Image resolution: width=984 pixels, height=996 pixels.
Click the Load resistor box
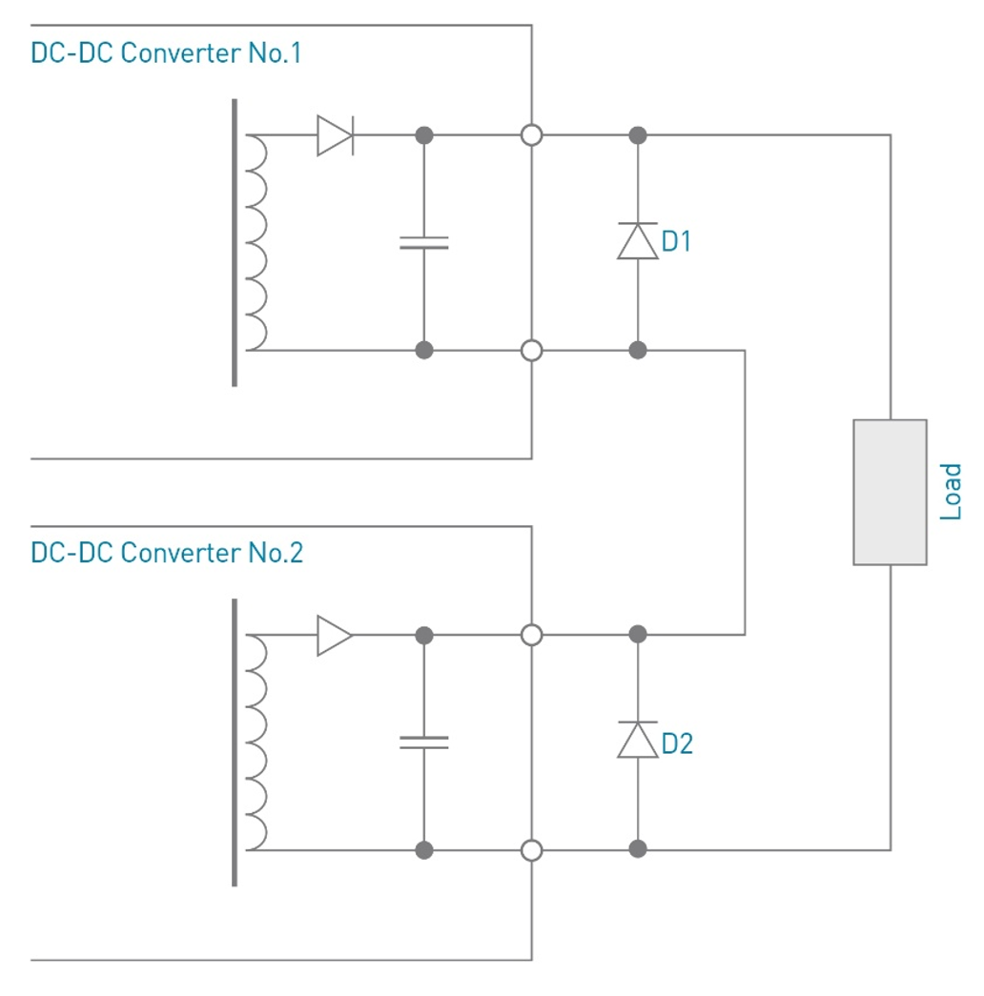pyautogui.click(x=890, y=492)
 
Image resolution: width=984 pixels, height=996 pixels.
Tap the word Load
pyautogui.click(x=951, y=492)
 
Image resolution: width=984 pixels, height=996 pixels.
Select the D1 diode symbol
pyautogui.click(x=638, y=241)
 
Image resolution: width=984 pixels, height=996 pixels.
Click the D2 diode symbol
pyautogui.click(x=638, y=740)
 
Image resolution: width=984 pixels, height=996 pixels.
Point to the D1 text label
pyautogui.click(x=676, y=242)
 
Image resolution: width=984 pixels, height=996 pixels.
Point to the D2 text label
pyautogui.click(x=677, y=743)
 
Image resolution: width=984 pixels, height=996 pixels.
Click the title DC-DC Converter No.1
pyautogui.click(x=166, y=52)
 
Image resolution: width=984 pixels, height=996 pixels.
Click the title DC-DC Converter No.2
pyautogui.click(x=167, y=552)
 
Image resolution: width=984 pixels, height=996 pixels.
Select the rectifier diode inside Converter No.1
pyautogui.click(x=336, y=135)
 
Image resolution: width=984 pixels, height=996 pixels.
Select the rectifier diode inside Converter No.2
pyautogui.click(x=335, y=635)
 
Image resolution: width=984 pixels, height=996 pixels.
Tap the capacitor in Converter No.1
pyautogui.click(x=424, y=242)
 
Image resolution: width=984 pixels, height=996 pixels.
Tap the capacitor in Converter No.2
pyautogui.click(x=424, y=742)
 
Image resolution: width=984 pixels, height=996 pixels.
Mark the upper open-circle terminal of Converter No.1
pyautogui.click(x=532, y=135)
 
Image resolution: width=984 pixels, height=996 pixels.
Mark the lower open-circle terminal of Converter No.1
pyautogui.click(x=532, y=351)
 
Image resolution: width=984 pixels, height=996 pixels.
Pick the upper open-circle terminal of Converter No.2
pyautogui.click(x=532, y=635)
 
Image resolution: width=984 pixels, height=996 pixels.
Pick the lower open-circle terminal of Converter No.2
pyautogui.click(x=532, y=849)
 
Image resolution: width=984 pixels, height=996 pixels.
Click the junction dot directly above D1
pyautogui.click(x=638, y=135)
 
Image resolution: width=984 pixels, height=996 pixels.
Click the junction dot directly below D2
pyautogui.click(x=638, y=849)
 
